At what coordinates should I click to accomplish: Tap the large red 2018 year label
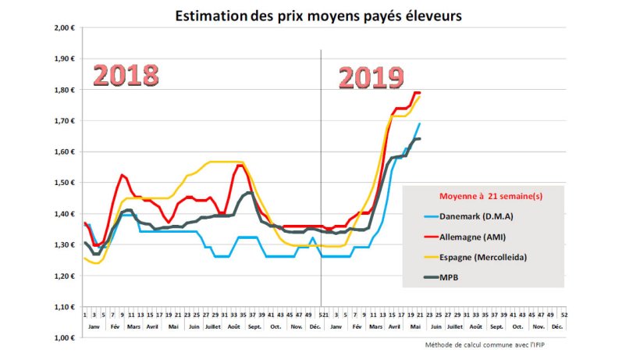(126, 75)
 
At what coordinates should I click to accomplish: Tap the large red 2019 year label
(371, 78)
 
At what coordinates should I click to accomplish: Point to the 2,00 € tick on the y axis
(62, 27)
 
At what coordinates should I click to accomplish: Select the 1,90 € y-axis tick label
(62, 59)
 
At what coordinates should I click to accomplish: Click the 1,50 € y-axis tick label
(62, 183)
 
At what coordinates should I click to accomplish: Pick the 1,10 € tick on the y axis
(62, 307)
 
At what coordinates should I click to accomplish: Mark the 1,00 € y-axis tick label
(62, 338)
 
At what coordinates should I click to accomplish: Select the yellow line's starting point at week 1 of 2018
(84, 258)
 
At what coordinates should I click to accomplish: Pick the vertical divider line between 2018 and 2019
(321, 180)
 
